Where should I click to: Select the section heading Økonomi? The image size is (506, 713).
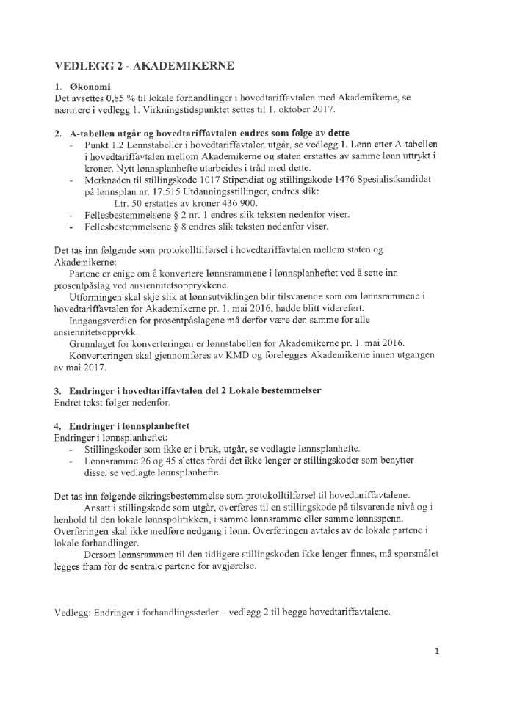(90, 87)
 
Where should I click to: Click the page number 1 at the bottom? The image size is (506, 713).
(437, 651)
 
